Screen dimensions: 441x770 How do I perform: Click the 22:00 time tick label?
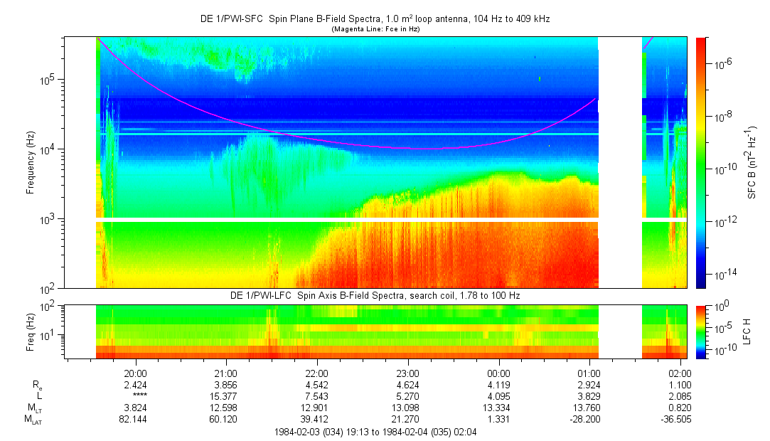[316, 373]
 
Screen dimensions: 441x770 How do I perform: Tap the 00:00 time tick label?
[498, 373]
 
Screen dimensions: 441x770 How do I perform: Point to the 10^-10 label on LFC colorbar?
[722, 351]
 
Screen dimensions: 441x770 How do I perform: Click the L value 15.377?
[225, 396]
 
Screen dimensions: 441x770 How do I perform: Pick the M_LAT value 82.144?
[135, 420]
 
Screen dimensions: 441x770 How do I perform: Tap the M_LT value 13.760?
[589, 408]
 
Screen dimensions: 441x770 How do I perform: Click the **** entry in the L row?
[135, 396]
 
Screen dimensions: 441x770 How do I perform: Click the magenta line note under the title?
[376, 29]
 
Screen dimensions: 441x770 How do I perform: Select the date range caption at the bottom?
[375, 432]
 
